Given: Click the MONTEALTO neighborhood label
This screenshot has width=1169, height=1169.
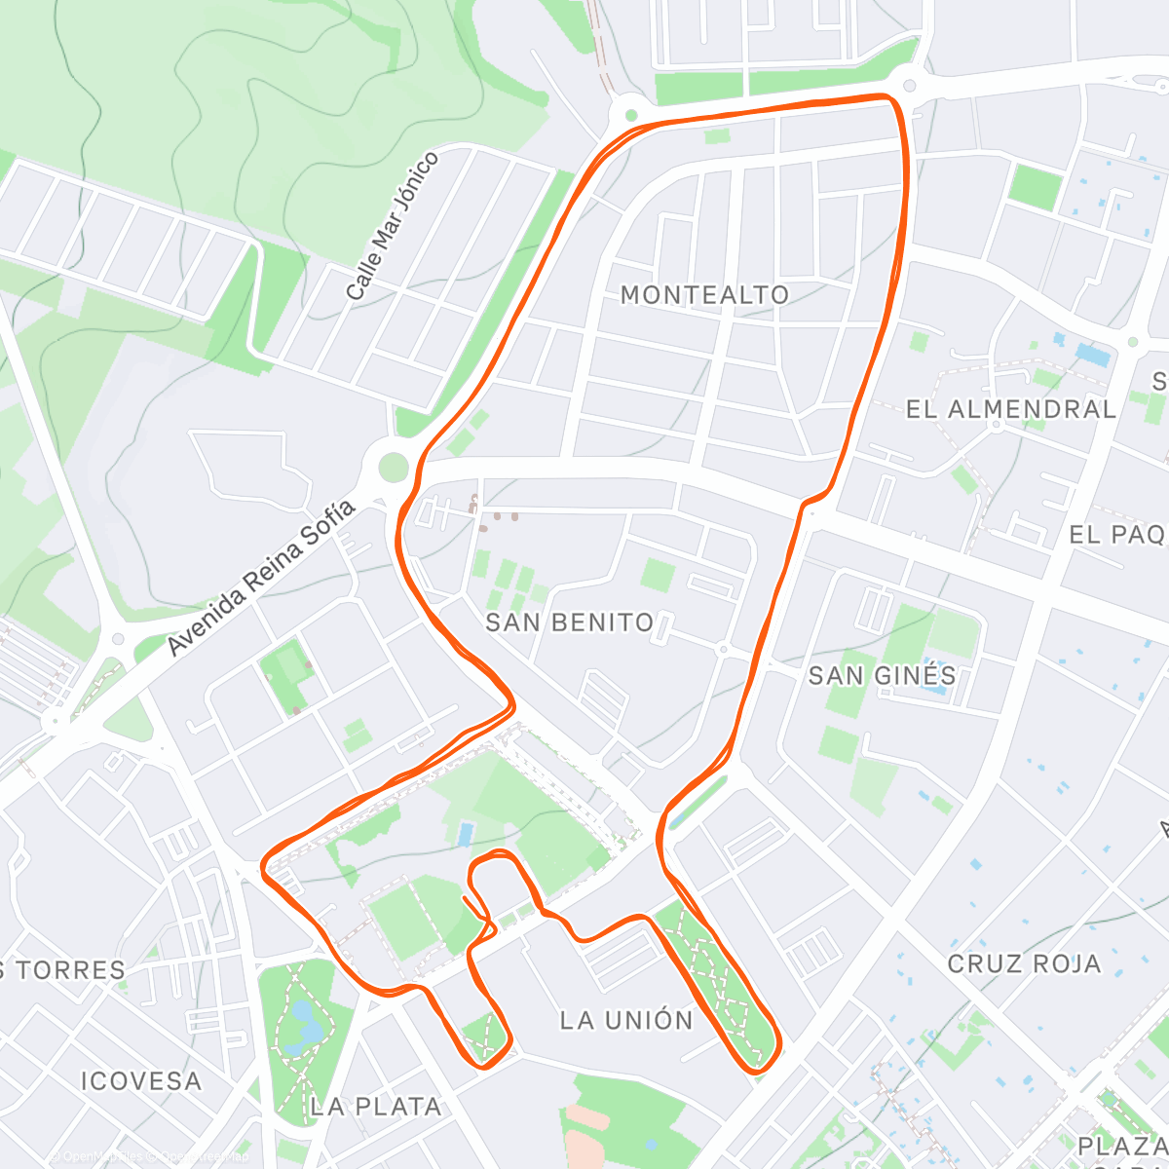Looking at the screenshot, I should coord(704,294).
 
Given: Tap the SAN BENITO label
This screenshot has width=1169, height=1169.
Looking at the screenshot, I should coord(569,622).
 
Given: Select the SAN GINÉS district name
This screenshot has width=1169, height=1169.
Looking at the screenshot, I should coord(882,675).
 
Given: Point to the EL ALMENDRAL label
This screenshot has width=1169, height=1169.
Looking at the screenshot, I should coord(1011,409).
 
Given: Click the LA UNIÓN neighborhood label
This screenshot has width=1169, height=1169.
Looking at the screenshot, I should coord(626,1020).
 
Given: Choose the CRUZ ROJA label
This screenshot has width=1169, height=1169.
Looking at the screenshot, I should coord(1024,963).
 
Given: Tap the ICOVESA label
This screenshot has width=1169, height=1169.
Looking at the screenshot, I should coord(141,1081).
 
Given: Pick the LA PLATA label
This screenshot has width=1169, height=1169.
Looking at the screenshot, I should coord(375,1107).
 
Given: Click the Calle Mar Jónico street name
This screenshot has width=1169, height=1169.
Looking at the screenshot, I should coord(392,226).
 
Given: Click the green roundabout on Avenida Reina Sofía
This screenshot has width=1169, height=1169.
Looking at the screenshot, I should coord(393,468).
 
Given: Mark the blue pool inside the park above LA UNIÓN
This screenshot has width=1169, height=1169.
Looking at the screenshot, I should coord(465,833).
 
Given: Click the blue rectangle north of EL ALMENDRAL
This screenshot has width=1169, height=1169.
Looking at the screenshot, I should coord(1092,355).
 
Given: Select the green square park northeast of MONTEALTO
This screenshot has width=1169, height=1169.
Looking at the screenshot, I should coord(1034,187).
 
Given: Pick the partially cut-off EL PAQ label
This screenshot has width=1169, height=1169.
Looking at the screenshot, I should coord(1117,534).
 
